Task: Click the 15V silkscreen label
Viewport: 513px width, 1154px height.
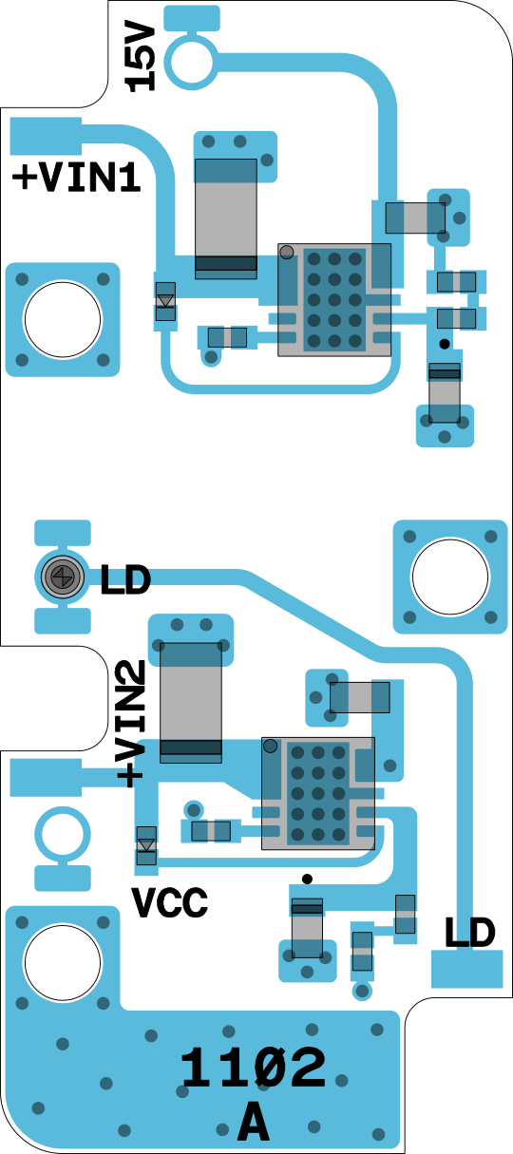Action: coord(141,57)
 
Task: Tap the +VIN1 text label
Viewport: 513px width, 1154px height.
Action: coord(77,178)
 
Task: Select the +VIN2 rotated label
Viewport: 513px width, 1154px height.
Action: coord(131,724)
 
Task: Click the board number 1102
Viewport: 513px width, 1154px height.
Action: coord(254,1068)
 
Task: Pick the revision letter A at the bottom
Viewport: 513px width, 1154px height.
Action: coord(254,1120)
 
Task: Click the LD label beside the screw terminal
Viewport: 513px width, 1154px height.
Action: coord(125,580)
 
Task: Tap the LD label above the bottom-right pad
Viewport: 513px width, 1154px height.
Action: coord(469,933)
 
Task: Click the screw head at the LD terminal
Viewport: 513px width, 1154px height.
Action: coord(63,577)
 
